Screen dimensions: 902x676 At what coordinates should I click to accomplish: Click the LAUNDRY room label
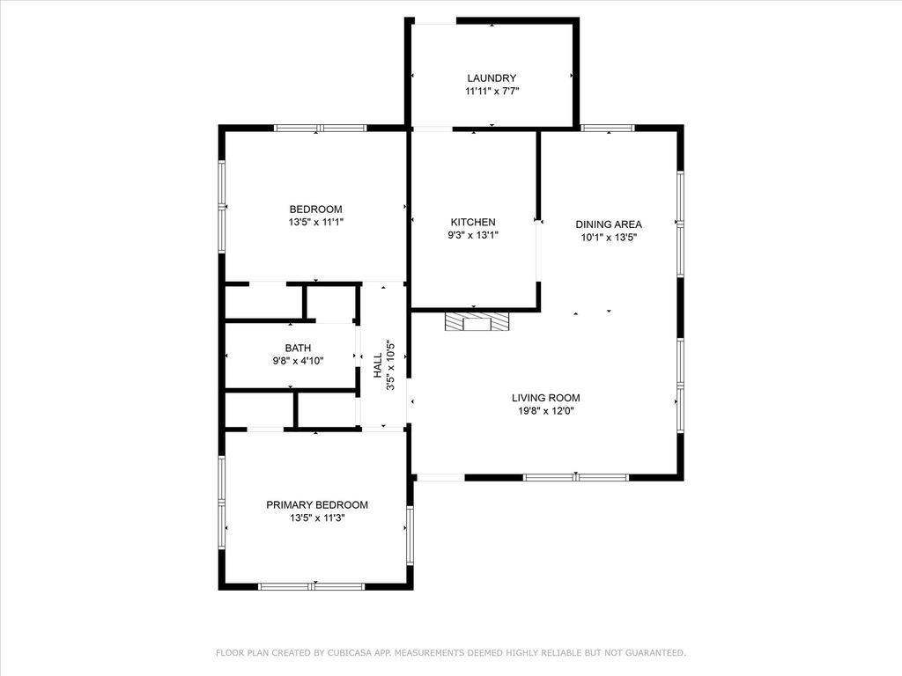(492, 78)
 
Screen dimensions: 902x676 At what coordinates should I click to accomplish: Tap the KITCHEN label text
(473, 222)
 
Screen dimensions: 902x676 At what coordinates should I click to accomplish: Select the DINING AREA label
(609, 224)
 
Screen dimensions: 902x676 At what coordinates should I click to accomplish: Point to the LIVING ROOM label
(546, 398)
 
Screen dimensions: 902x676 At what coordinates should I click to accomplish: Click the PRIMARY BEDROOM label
(317, 504)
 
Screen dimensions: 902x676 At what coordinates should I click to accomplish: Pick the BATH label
(298, 348)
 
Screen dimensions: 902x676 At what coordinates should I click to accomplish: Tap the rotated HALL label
(377, 365)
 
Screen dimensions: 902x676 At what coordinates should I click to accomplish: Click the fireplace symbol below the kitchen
(477, 321)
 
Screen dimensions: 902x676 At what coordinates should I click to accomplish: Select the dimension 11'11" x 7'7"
(492, 91)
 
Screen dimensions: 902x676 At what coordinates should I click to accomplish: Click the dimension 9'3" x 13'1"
(473, 234)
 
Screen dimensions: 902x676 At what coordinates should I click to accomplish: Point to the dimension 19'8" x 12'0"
(546, 410)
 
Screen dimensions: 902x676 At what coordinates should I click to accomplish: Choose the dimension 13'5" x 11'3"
(317, 518)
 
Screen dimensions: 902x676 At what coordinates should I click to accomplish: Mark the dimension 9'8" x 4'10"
(298, 361)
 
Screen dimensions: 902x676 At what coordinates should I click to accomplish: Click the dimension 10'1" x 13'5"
(609, 237)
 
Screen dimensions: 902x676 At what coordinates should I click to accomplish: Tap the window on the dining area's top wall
(607, 129)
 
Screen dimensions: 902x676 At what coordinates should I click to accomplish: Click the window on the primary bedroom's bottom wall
(311, 586)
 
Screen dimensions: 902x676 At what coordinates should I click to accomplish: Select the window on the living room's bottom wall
(576, 477)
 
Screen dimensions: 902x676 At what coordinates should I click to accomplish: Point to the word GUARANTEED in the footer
(655, 652)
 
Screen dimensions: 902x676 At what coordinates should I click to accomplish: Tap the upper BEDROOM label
(316, 209)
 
